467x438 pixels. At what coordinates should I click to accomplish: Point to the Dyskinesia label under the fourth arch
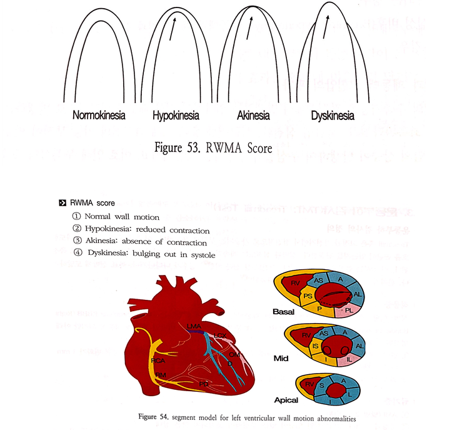[332, 116]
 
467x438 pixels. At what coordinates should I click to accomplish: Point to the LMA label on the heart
[194, 326]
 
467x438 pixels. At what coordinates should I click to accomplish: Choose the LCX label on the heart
[219, 336]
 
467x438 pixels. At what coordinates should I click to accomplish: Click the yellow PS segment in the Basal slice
[307, 294]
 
